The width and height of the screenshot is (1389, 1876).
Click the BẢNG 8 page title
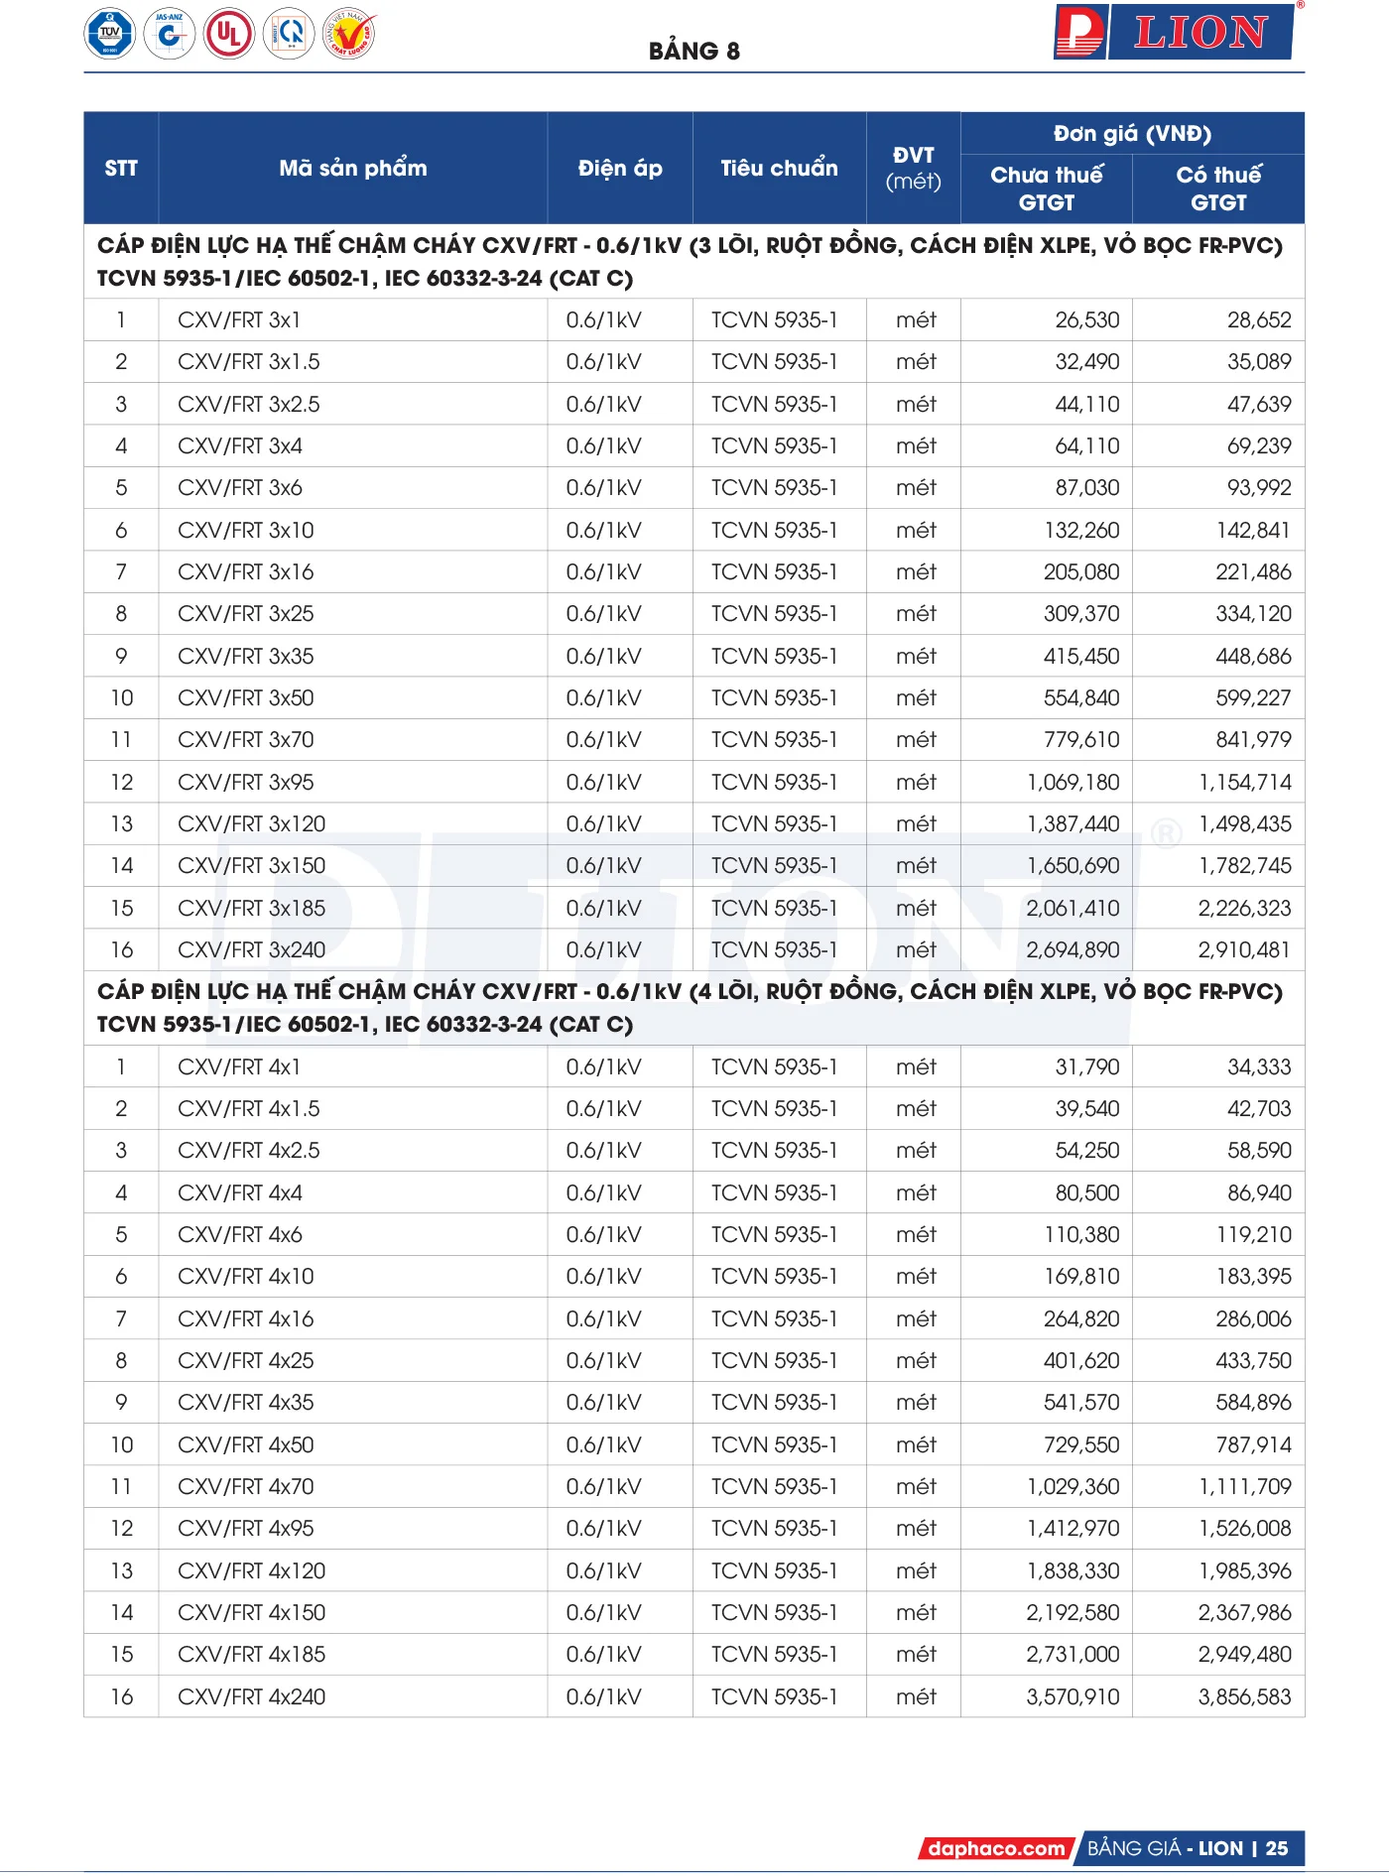[694, 51]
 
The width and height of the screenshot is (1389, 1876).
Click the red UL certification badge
[229, 35]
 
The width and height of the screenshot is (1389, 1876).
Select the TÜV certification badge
[109, 34]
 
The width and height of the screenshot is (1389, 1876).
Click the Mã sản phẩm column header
[352, 168]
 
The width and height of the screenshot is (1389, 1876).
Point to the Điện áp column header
[620, 168]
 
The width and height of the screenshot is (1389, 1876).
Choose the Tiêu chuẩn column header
[779, 168]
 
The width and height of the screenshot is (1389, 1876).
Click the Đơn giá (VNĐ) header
[1132, 133]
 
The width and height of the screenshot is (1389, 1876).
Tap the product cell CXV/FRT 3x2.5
[249, 404]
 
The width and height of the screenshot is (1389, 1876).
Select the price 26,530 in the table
[1086, 319]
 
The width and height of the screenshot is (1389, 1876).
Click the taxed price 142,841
[1253, 530]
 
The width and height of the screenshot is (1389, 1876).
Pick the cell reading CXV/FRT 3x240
[251, 949]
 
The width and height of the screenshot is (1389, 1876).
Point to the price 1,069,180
[1073, 782]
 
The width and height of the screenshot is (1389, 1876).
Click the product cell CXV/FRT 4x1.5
[249, 1108]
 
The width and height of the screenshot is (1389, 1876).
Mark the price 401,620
[1080, 1360]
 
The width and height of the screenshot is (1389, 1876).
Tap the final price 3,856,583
[1244, 1696]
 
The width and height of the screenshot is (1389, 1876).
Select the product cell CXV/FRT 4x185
[251, 1654]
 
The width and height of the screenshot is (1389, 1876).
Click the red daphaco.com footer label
[995, 1848]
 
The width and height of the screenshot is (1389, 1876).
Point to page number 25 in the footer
[1277, 1848]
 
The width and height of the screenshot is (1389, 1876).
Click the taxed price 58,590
[1259, 1150]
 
